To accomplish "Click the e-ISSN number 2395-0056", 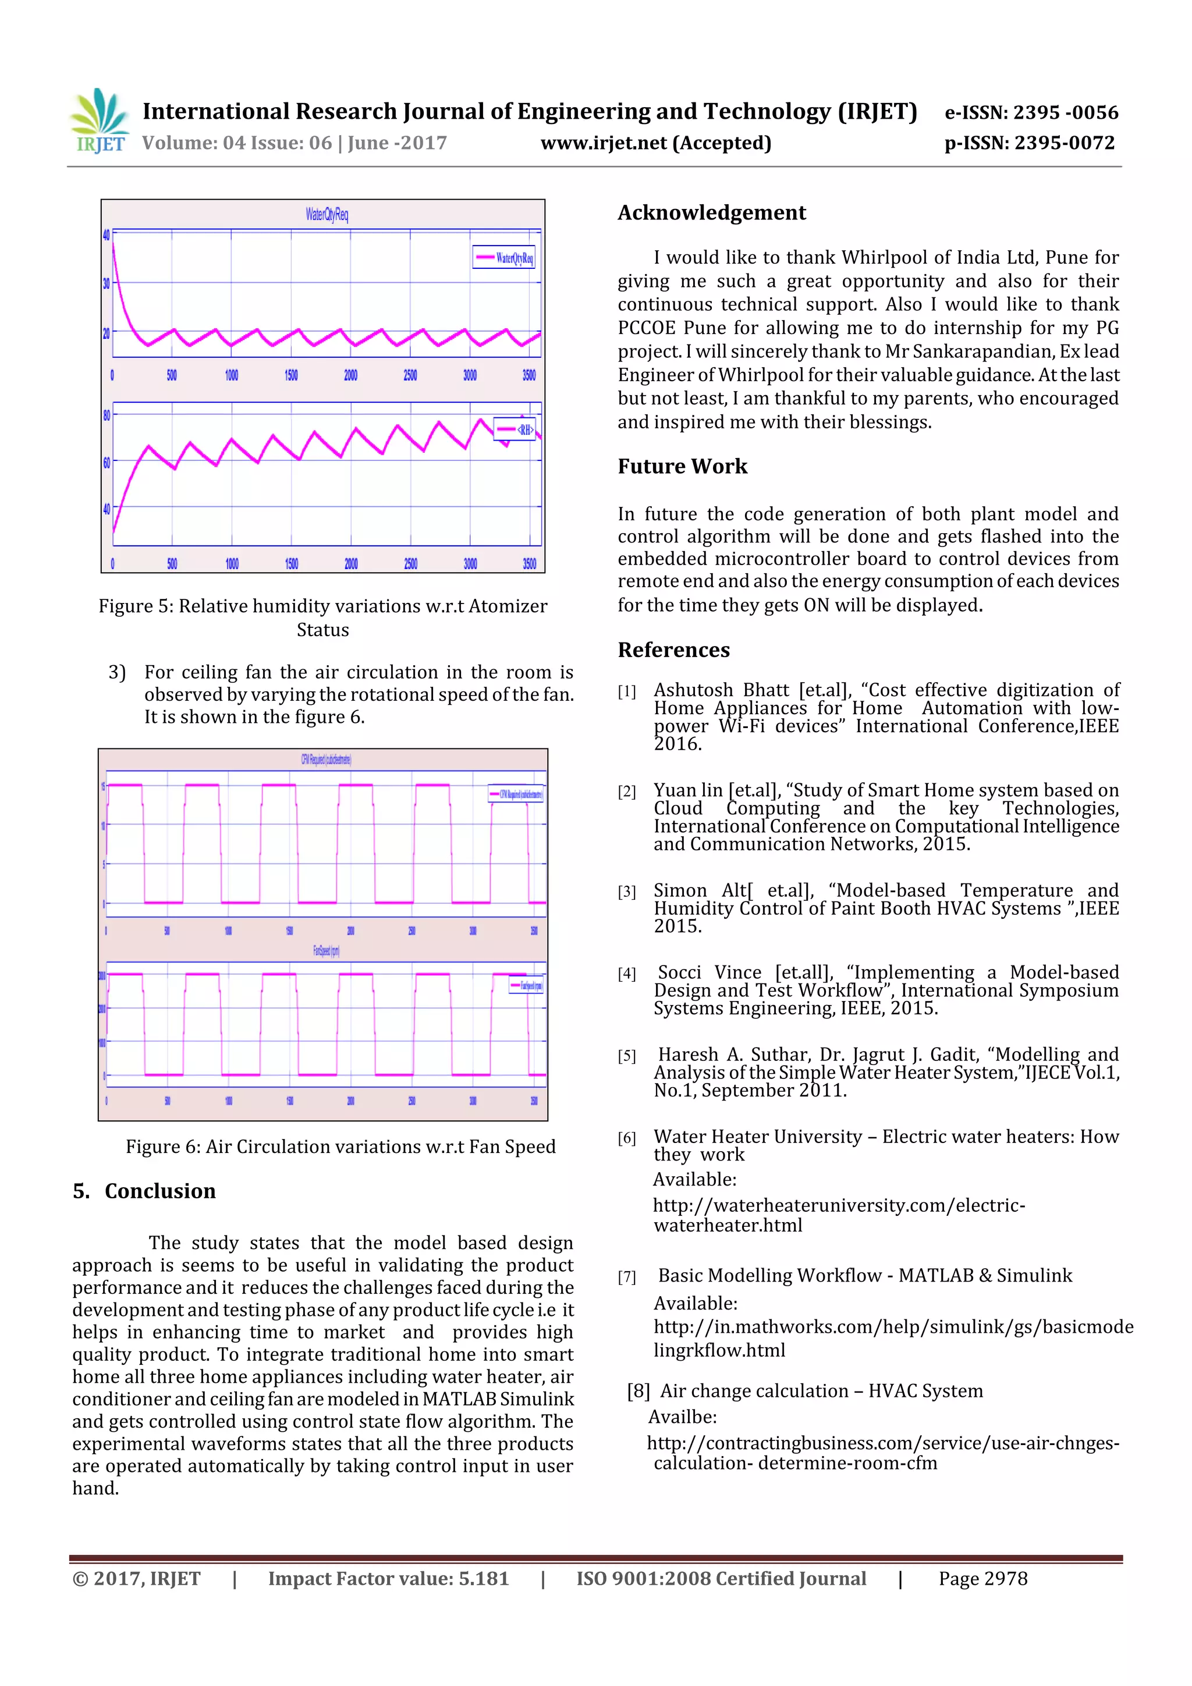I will tap(1031, 112).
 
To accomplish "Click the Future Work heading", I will tap(682, 466).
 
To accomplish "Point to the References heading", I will tap(673, 650).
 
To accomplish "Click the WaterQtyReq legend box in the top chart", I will tap(504, 257).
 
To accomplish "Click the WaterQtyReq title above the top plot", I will tap(327, 214).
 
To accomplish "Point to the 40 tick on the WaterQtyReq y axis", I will tap(107, 235).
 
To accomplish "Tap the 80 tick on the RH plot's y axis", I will tap(107, 416).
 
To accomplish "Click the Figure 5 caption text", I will tap(322, 617).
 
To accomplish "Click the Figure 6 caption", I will tap(340, 1147).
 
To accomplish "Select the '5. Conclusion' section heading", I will tap(145, 1190).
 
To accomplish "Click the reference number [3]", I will tap(626, 892).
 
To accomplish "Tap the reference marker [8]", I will tap(638, 1391).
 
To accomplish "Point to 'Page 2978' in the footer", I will tap(982, 1578).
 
